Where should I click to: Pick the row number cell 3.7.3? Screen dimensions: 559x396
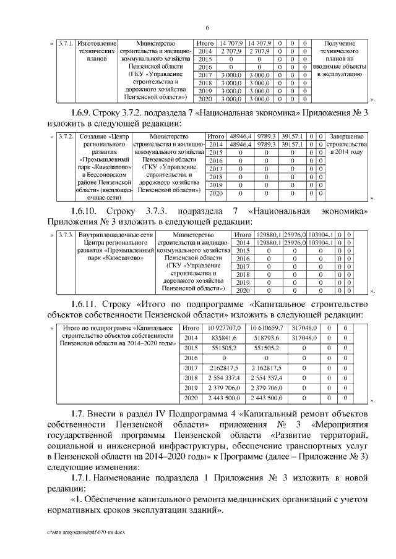(64, 235)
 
